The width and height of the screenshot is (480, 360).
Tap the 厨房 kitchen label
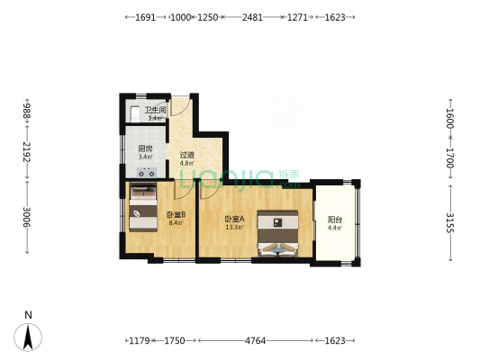[x=145, y=148]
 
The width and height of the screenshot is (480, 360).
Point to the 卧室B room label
[x=176, y=215]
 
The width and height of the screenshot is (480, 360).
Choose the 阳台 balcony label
[x=334, y=219]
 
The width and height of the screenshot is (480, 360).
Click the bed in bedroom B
[x=142, y=207]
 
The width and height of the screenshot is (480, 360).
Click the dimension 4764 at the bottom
[x=256, y=342]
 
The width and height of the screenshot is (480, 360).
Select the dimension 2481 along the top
[x=252, y=17]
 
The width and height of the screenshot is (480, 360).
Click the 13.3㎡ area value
[x=235, y=227]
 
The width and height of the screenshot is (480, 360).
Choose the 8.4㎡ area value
[x=176, y=223]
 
